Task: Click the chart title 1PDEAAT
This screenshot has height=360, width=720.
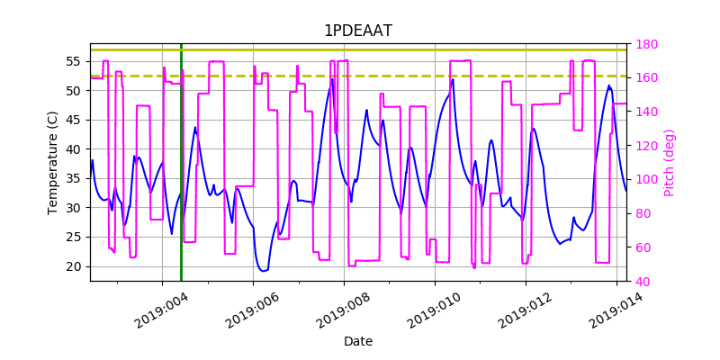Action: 357,31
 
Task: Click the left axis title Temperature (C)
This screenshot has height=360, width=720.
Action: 53,162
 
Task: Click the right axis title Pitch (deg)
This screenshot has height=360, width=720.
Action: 669,162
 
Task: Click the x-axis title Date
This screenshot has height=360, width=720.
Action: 357,341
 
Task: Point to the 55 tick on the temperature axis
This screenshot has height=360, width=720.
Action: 75,61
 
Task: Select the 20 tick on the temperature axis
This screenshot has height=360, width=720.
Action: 75,266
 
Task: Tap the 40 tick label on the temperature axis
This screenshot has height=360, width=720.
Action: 75,149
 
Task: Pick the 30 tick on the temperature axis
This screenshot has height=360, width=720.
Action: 75,208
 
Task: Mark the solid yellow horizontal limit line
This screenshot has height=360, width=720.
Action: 360,49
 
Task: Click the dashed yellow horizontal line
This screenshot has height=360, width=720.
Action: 360,76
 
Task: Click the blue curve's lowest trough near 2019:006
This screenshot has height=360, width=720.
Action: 263,270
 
